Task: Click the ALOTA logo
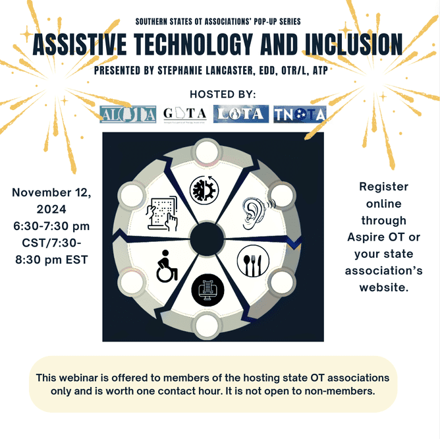click(128, 114)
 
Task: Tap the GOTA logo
click(185, 114)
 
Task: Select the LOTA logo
click(241, 114)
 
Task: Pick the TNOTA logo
click(300, 114)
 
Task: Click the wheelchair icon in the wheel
click(167, 266)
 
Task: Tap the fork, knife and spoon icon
click(253, 261)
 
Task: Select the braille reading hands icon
click(162, 213)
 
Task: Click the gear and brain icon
click(204, 190)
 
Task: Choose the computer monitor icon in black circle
click(207, 290)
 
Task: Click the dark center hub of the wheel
click(207, 239)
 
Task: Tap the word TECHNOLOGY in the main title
click(194, 45)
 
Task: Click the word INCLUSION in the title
click(354, 45)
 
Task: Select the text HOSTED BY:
click(223, 94)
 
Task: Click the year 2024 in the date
click(51, 209)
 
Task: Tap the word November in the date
click(41, 192)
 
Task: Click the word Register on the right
click(383, 187)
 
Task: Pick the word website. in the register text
click(383, 287)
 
